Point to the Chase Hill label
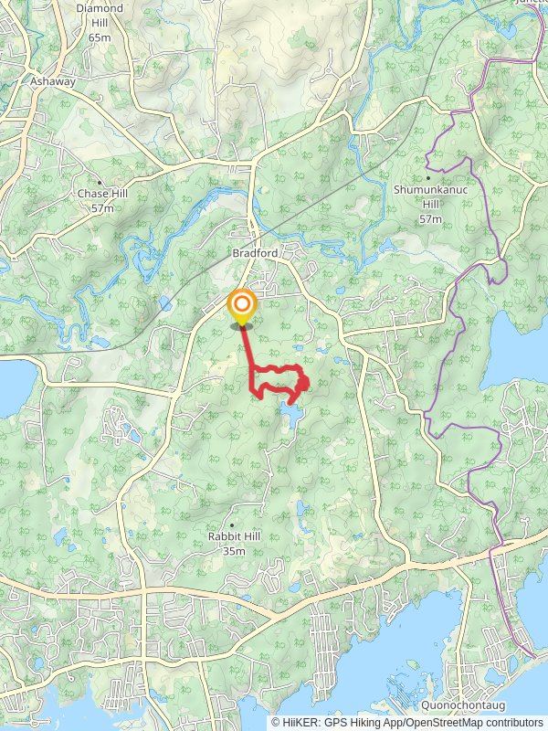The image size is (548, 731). pyautogui.click(x=101, y=194)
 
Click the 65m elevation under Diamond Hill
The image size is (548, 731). pyautogui.click(x=100, y=37)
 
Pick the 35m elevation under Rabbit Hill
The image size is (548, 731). pyautogui.click(x=235, y=551)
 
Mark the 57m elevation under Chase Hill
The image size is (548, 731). pyautogui.click(x=101, y=208)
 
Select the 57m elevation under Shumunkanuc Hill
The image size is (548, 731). pyautogui.click(x=429, y=219)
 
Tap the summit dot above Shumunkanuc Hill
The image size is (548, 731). pyautogui.click(x=428, y=177)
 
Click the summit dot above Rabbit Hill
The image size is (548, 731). pyautogui.click(x=235, y=524)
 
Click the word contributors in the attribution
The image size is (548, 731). pyautogui.click(x=512, y=722)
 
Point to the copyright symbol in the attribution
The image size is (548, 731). pyautogui.click(x=276, y=722)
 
